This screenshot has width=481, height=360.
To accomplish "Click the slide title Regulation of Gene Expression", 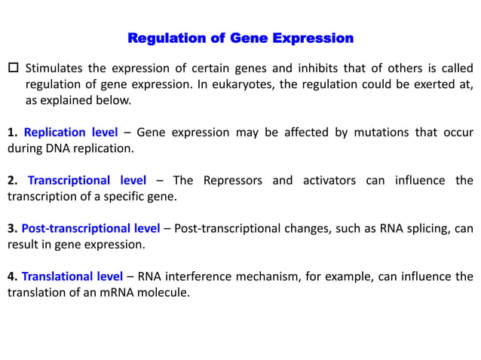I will [240, 38].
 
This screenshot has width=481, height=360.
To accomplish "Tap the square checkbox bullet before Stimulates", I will [13, 69].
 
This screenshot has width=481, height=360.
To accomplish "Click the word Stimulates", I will [56, 69].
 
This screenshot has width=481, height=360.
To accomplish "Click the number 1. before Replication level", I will [12, 133].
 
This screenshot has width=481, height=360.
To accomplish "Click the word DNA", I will [56, 148].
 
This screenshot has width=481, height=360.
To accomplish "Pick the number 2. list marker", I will [12, 181].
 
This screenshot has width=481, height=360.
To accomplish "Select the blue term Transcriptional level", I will [87, 181].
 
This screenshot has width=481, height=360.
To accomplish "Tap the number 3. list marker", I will [12, 228].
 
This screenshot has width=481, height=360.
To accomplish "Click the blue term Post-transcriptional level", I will [90, 228].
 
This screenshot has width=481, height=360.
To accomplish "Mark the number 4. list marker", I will [12, 276].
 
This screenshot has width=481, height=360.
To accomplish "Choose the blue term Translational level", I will [72, 276].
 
